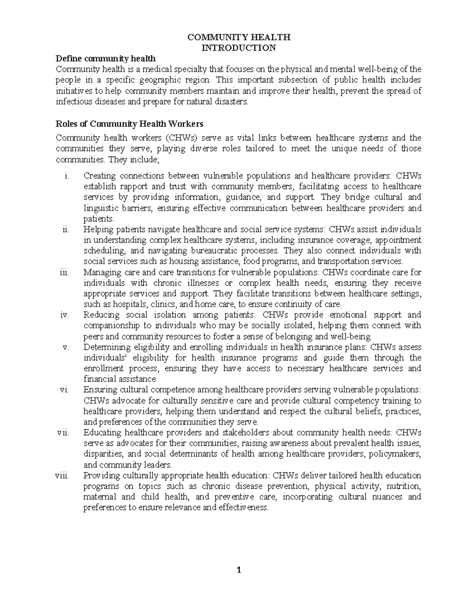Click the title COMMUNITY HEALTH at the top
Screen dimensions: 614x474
239,38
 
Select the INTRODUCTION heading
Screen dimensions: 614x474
239,48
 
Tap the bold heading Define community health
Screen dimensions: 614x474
105,59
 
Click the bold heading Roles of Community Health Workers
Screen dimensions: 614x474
130,124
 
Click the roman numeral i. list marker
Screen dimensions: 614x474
66,176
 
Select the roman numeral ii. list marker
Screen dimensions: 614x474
66,230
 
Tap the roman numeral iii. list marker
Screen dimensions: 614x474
64,272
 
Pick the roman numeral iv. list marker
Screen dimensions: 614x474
65,315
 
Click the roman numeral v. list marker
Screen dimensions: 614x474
66,347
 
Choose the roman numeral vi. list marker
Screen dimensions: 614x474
64,390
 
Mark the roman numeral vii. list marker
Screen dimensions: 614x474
63,433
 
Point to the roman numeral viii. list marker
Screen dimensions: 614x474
62,476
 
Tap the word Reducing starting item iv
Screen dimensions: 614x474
101,315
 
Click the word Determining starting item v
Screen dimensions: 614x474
107,347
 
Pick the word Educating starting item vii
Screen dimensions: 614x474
102,433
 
